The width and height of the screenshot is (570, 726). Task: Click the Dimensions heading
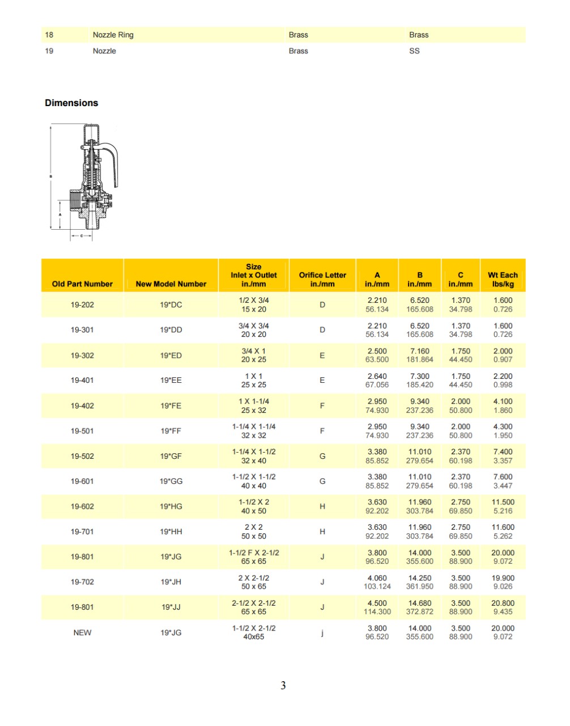point(71,103)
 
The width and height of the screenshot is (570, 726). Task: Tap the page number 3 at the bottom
point(283,685)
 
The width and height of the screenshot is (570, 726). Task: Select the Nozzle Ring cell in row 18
point(113,35)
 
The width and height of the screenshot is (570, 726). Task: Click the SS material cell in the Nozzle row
point(414,50)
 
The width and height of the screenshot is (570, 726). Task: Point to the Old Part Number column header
point(82,284)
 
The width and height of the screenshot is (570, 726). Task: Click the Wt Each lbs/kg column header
point(503,279)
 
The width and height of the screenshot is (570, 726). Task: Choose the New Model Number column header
point(171,284)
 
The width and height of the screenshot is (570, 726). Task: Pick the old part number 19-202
point(82,305)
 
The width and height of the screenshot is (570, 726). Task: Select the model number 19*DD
point(171,330)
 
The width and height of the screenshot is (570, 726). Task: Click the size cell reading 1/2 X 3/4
point(253,300)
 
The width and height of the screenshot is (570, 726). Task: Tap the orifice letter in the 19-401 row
point(322,380)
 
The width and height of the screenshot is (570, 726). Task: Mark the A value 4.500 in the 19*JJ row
point(377,603)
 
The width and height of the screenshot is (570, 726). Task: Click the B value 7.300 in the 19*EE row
point(419,376)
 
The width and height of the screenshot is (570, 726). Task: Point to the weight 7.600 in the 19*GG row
point(503,477)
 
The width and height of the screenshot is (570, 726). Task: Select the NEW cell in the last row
point(82,632)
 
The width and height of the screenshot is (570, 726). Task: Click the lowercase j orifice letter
point(322,632)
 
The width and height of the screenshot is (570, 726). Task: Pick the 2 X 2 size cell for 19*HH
point(253,527)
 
